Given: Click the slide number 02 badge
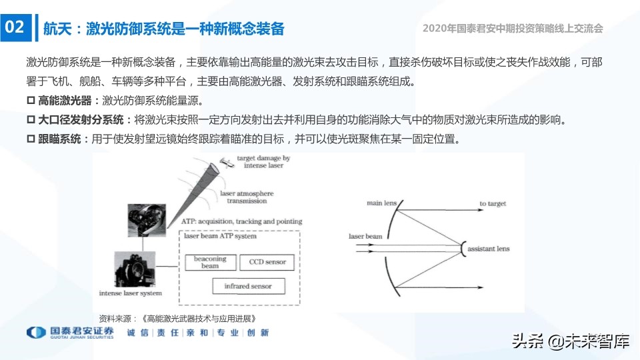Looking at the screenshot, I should pos(15,27).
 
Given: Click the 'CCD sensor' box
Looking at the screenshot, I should pos(267,262).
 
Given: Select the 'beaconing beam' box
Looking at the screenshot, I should pos(210,262).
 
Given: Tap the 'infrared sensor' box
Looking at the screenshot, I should pos(247,286).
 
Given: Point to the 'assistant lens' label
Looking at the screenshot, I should pos(488,249).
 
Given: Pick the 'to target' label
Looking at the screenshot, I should pos(493,203).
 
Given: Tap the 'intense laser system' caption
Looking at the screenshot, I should pos(130,293).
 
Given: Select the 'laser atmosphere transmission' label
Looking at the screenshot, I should pos(247,197).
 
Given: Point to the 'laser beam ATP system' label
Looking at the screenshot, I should pos(221,236).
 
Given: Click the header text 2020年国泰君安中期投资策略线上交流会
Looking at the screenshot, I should pos(513,29).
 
